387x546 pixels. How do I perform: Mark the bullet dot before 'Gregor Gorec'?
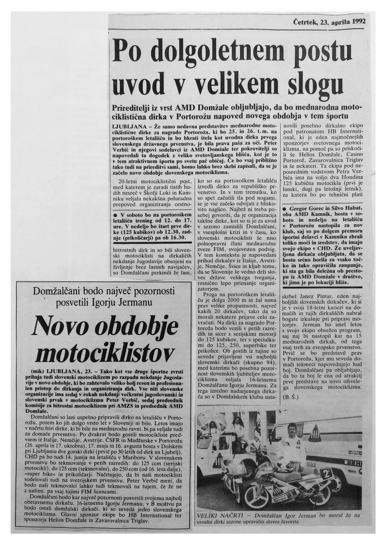tap(285, 208)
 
